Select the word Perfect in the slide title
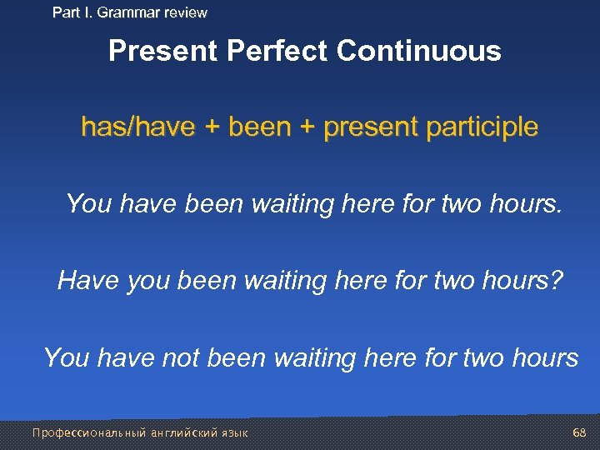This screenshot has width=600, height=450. coord(278,52)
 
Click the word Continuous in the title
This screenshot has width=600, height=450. coord(419,52)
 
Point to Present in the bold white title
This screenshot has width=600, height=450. coord(163,52)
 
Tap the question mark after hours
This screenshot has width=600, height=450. coord(556,280)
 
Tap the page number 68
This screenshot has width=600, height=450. coord(580,432)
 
